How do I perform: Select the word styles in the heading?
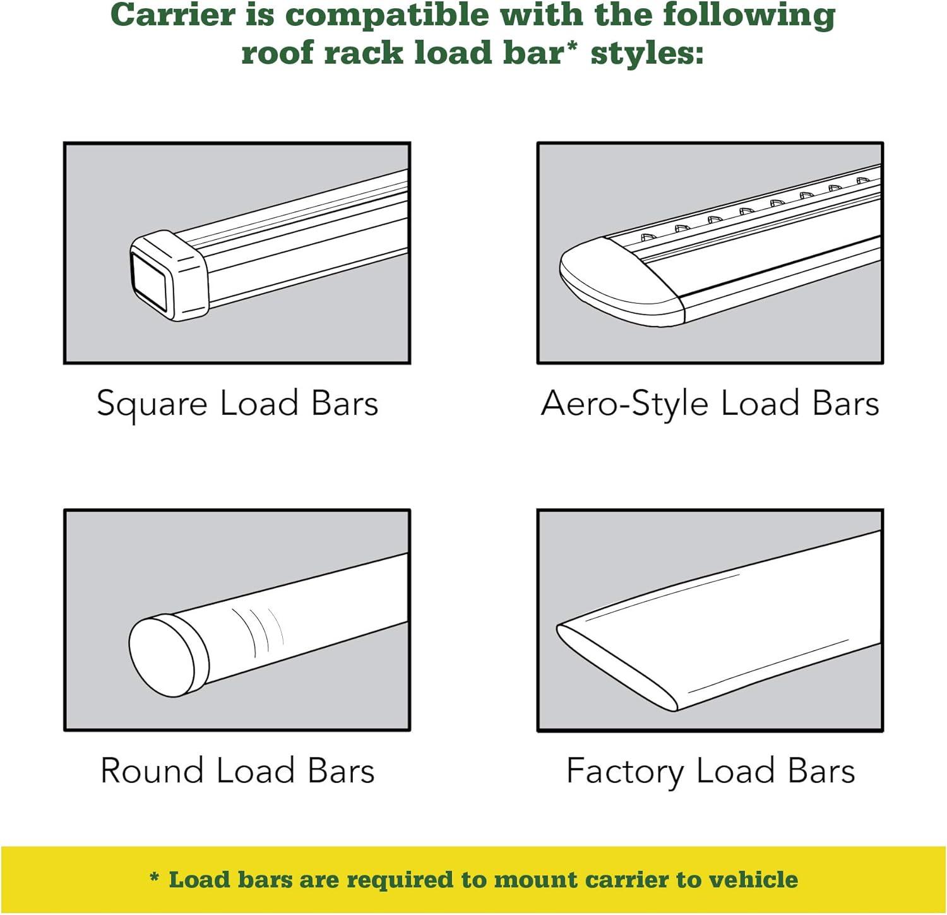tap(646, 53)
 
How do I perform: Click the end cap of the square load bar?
tap(168, 275)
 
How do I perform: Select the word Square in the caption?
tap(152, 404)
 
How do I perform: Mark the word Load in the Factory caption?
tap(736, 771)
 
